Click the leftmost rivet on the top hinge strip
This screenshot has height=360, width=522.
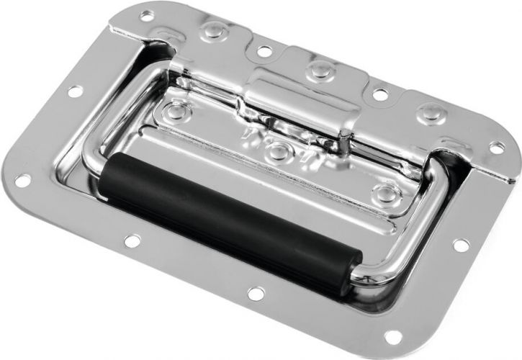pos(212,30)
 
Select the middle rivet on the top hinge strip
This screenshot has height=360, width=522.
pos(318,71)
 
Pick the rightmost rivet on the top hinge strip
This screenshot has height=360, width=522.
pos(430,113)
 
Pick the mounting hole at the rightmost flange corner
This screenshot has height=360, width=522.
pos(497,148)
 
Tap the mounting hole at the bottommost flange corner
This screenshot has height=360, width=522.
pos(393,337)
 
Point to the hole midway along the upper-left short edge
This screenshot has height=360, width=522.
pos(74,91)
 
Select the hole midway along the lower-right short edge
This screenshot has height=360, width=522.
pos(460,245)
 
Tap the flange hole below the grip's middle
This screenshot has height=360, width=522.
pos(255,293)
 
